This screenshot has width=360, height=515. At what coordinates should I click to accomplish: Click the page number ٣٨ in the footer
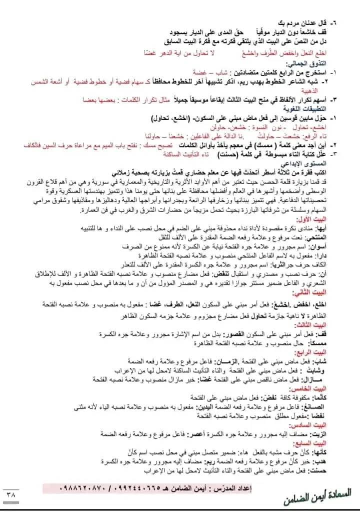[x=10, y=492]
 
